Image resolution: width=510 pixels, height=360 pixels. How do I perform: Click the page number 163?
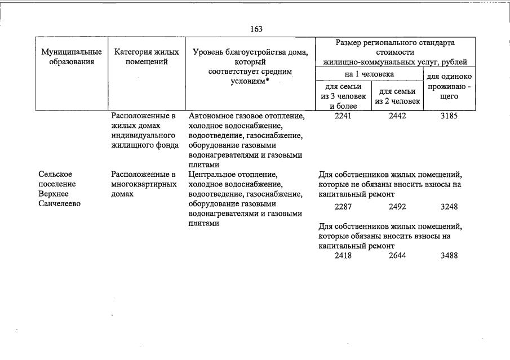click(256, 29)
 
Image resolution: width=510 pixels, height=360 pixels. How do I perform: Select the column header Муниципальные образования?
click(72, 56)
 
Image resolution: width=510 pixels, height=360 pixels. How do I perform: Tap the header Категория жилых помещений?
click(147, 56)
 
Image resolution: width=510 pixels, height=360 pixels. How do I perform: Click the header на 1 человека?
click(369, 74)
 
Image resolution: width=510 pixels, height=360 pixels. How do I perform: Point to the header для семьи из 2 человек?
click(397, 96)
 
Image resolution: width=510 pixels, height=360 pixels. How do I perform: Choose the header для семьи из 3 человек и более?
click(343, 96)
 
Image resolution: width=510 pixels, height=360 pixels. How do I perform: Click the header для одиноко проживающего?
click(449, 87)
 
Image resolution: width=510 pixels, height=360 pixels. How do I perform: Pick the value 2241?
click(343, 115)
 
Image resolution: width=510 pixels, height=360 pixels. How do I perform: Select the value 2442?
click(397, 115)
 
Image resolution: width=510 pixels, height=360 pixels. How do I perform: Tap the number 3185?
click(449, 115)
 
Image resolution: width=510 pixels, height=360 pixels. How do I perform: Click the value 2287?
click(343, 207)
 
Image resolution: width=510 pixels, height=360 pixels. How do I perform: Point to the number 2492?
click(397, 207)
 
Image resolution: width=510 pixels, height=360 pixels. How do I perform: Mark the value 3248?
click(449, 207)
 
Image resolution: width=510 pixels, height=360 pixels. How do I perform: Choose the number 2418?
click(343, 256)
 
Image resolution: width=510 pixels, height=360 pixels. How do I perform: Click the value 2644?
click(397, 256)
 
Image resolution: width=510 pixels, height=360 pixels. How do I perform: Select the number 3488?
click(449, 256)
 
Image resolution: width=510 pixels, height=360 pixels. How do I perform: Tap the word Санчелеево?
click(60, 204)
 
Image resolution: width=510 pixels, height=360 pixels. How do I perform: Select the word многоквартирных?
click(144, 184)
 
